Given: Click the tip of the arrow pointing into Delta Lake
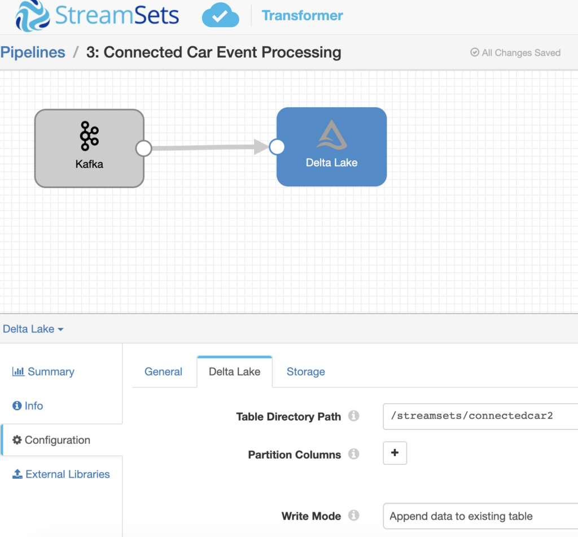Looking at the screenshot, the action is pyautogui.click(x=269, y=147).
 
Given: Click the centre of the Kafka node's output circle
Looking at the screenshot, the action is pyautogui.click(x=144, y=149).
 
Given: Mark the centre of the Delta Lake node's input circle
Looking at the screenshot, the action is pyautogui.click(x=277, y=147).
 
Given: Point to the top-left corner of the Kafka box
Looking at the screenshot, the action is pyautogui.click(x=35, y=110).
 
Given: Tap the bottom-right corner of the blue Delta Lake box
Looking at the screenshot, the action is pyautogui.click(x=387, y=186).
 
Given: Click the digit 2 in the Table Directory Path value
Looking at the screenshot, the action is pyautogui.click(x=550, y=416).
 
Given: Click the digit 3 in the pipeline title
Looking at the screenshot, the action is pyautogui.click(x=90, y=53).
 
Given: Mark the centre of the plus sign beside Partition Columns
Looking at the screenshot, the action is pyautogui.click(x=395, y=452).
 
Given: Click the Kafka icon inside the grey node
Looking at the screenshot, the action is pyautogui.click(x=89, y=136).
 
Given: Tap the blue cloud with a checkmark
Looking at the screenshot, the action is pyautogui.click(x=221, y=15).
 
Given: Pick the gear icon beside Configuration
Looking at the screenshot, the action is pyautogui.click(x=17, y=440).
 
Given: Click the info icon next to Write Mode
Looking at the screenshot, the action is pyautogui.click(x=353, y=515).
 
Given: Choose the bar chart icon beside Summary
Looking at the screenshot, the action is pyautogui.click(x=18, y=371).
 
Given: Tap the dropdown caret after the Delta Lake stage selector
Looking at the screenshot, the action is pyautogui.click(x=60, y=329).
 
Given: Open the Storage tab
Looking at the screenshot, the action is pyautogui.click(x=305, y=372).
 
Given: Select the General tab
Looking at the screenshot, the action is pyautogui.click(x=163, y=372).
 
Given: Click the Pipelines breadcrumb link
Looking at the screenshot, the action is pyautogui.click(x=33, y=53).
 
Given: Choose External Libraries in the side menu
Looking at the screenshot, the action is pyautogui.click(x=68, y=474).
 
